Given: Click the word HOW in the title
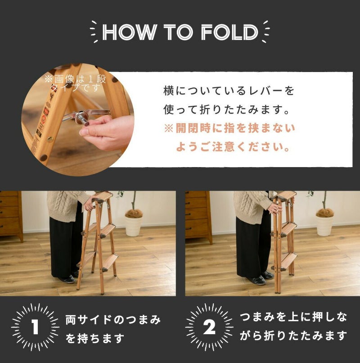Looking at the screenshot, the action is [130, 32].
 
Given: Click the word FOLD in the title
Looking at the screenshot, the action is [229, 32].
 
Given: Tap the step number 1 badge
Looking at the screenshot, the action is [35, 327].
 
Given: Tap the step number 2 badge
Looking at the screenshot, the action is [209, 327].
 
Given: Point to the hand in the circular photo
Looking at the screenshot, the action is [107, 132].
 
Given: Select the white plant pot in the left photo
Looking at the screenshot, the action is [134, 226].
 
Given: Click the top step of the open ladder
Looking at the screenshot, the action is [104, 195].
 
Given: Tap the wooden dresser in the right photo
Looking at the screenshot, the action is [198, 217].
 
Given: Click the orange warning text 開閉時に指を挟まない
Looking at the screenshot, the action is [235, 128].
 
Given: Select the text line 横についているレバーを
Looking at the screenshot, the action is [229, 91].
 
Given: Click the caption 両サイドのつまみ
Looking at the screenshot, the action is [113, 320].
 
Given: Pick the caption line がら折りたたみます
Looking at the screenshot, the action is [293, 336].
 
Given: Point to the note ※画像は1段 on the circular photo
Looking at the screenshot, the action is [75, 79].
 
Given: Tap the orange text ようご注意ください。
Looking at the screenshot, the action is [233, 147].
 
